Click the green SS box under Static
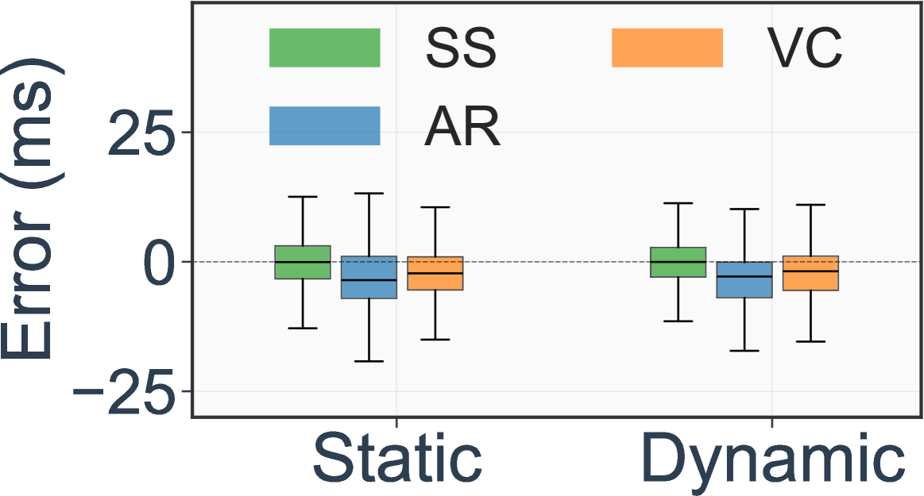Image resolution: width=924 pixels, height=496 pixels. [303, 262]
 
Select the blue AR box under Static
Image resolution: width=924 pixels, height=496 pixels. [369, 277]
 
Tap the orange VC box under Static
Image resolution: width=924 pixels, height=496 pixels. [435, 273]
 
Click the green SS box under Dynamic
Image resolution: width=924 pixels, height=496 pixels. [678, 262]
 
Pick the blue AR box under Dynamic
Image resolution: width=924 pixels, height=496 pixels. [744, 279]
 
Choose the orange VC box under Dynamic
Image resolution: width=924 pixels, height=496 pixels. [810, 273]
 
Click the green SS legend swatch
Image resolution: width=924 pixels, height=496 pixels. [325, 48]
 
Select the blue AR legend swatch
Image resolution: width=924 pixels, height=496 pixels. [325, 125]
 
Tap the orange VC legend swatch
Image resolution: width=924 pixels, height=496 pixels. [667, 48]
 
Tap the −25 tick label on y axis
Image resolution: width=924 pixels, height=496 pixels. [122, 392]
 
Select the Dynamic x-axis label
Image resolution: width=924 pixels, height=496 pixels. [772, 460]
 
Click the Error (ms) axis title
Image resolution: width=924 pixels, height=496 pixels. [30, 214]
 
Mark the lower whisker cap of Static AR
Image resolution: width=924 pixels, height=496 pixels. [369, 361]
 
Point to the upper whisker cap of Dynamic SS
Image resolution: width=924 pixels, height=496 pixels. [678, 203]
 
